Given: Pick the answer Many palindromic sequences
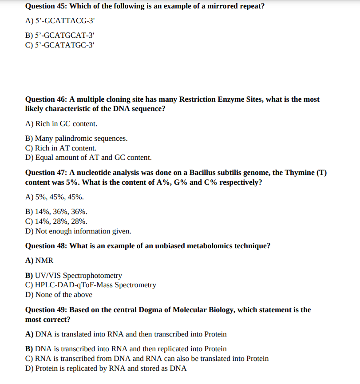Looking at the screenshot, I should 81,139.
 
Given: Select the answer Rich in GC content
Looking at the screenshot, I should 66,124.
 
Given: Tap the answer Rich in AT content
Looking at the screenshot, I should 66,148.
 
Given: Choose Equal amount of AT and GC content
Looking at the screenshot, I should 93,158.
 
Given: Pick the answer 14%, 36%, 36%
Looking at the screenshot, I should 61,212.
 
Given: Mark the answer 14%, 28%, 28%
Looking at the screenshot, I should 61,222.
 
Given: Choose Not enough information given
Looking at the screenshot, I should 83,231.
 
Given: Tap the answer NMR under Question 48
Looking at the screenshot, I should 44,261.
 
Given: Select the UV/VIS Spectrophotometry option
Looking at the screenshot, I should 79,275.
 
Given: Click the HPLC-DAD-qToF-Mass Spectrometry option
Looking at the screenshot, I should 95,285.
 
